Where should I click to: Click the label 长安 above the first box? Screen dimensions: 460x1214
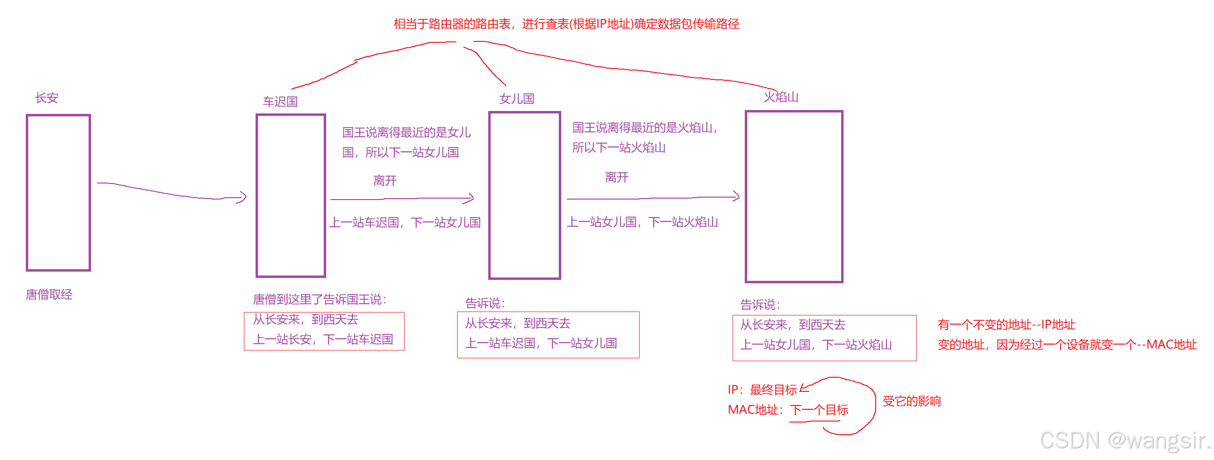[x=47, y=98]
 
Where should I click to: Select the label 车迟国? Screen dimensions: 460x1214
[x=280, y=102]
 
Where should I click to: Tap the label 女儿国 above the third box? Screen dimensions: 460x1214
[x=516, y=99]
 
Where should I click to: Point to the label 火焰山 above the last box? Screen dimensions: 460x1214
[x=781, y=97]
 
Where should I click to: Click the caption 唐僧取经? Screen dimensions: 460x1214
[x=49, y=294]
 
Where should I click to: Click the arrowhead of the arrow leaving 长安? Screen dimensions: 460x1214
[x=242, y=197]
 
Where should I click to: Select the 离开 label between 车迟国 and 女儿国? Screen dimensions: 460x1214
[x=385, y=181]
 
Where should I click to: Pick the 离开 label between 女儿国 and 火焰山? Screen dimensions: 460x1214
[x=616, y=177]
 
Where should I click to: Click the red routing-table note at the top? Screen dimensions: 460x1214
[x=566, y=24]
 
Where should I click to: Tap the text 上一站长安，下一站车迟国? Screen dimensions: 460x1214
[x=323, y=339]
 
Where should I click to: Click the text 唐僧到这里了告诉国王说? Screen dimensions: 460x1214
[x=319, y=299]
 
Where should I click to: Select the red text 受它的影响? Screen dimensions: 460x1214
[x=911, y=401]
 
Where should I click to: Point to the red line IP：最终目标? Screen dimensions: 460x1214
[x=762, y=389]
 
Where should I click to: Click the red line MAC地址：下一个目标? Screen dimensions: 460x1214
[x=788, y=410]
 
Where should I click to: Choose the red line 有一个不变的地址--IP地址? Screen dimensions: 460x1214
[x=1006, y=325]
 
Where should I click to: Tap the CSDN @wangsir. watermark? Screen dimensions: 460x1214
[x=1125, y=441]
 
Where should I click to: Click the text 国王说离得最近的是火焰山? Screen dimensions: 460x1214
[x=644, y=128]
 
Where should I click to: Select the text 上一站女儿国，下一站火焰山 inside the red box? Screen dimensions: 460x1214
[x=816, y=345]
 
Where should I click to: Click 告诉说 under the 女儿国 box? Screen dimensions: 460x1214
[x=485, y=303]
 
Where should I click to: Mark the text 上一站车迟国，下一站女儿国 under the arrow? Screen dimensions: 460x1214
[x=405, y=222]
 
